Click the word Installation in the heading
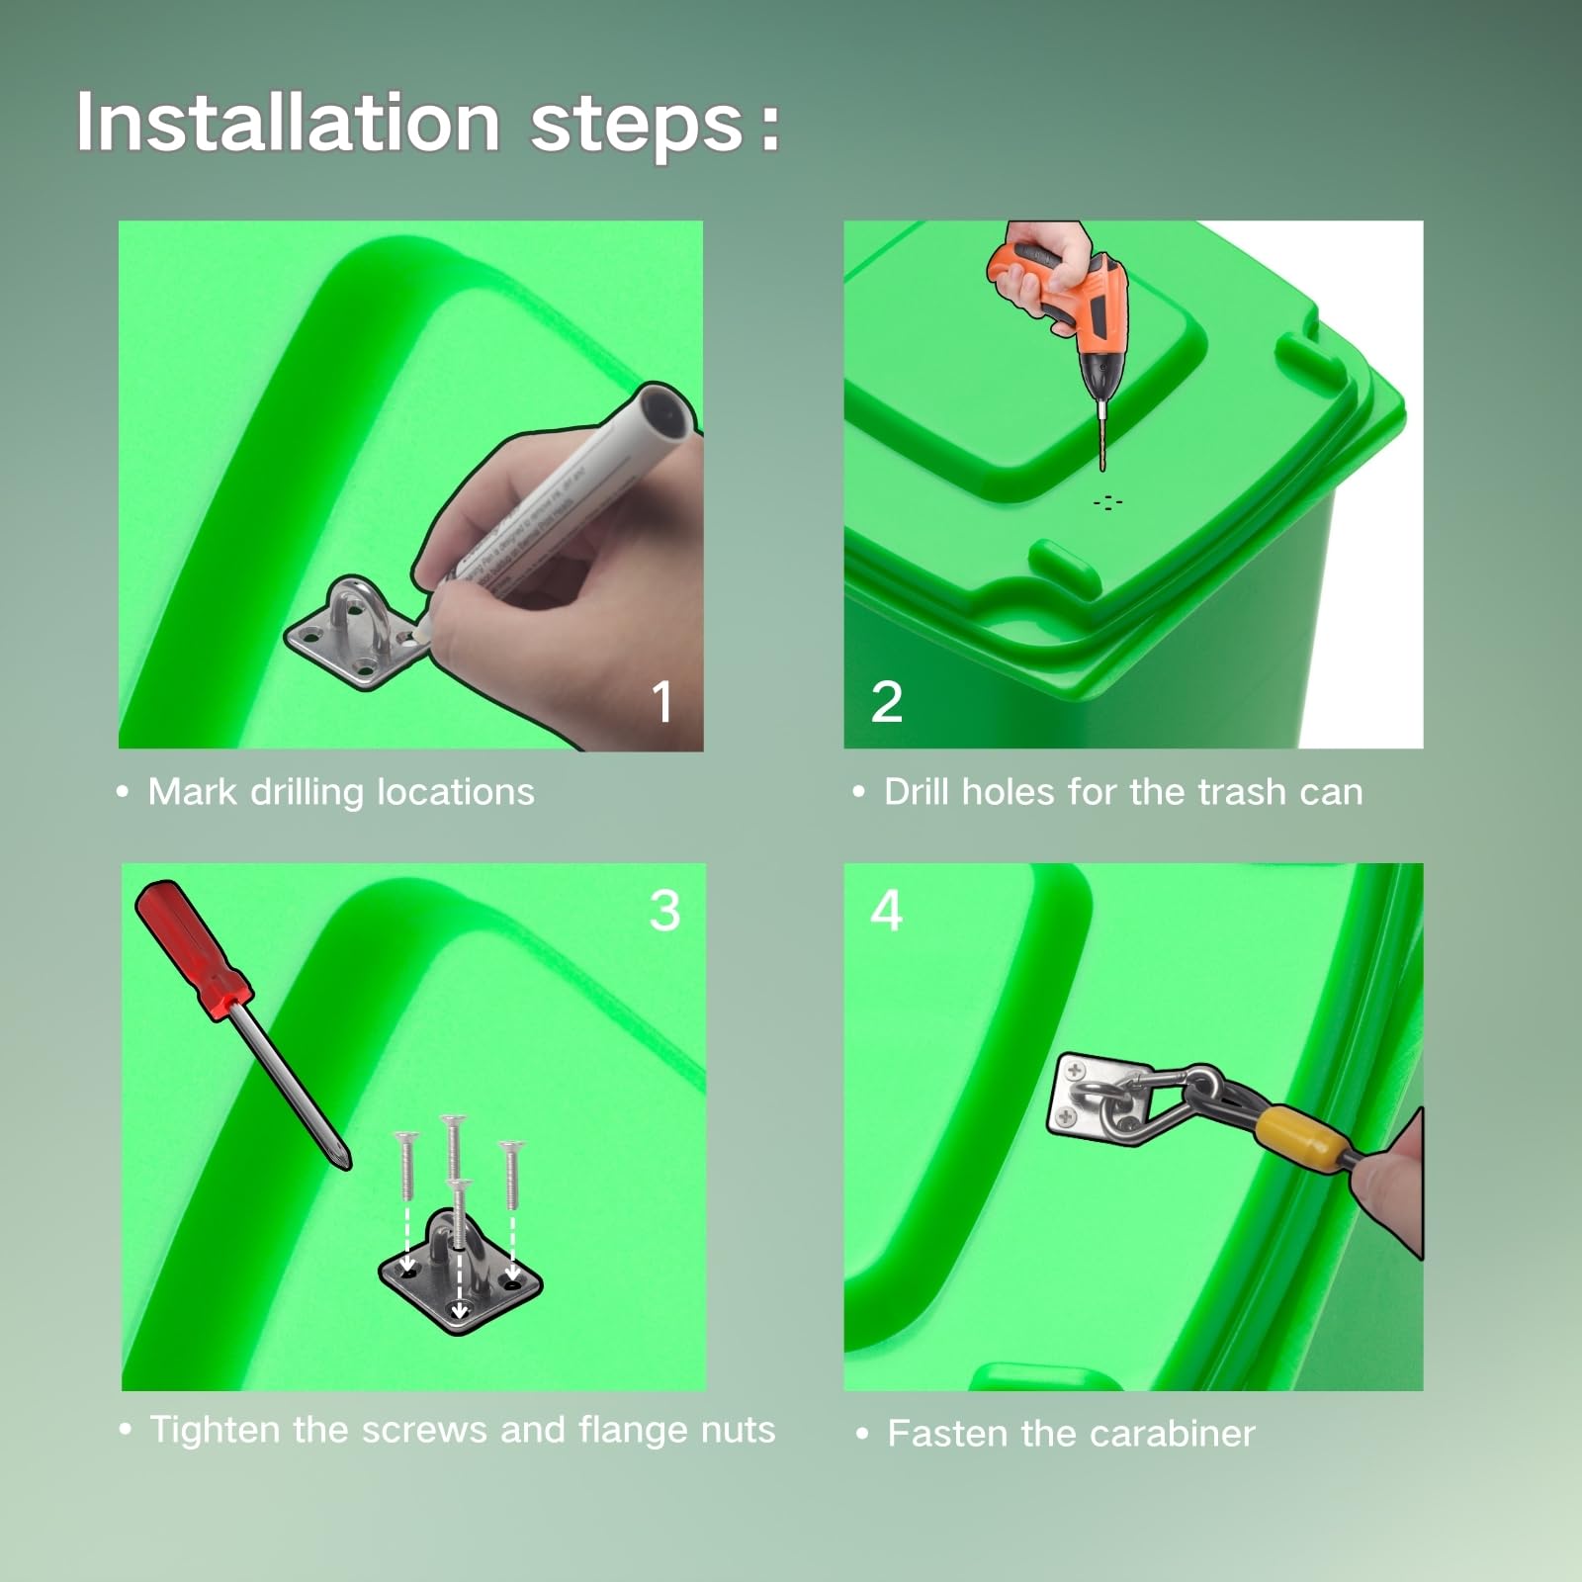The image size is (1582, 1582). (288, 122)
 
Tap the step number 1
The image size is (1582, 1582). (662, 702)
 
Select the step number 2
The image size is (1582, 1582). (887, 702)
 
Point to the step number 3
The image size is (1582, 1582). (664, 910)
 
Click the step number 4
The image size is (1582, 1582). (887, 910)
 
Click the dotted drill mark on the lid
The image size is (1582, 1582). (1107, 502)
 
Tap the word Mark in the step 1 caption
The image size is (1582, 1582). (193, 791)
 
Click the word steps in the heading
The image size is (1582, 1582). (638, 125)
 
